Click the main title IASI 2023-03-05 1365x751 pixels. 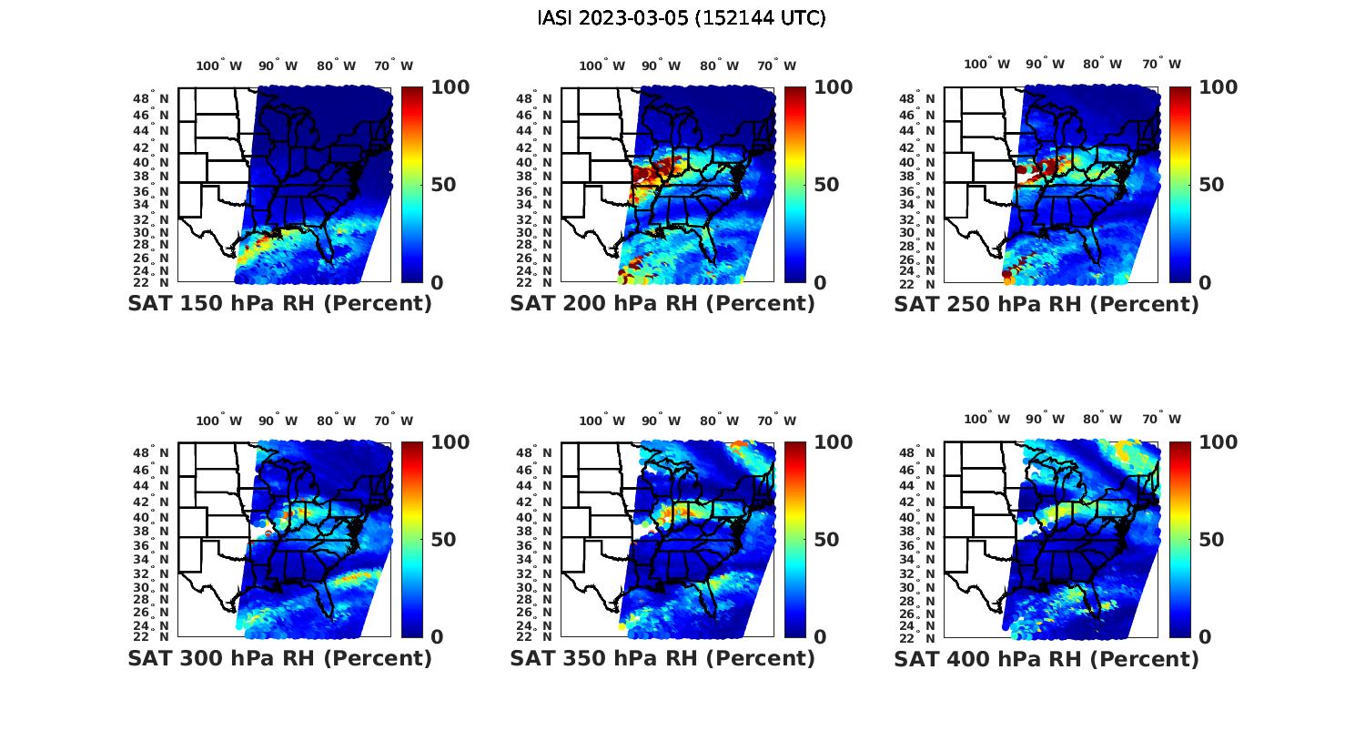tap(682, 18)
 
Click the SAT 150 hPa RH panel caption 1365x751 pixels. tap(279, 304)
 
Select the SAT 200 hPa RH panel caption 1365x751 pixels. tap(662, 304)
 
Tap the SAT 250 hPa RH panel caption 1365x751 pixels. tap(1046, 304)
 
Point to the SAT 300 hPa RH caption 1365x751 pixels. tap(279, 658)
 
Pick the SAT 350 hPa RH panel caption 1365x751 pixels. tap(662, 658)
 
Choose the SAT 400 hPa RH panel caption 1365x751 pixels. tap(1046, 658)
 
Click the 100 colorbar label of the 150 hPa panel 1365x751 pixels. tap(450, 87)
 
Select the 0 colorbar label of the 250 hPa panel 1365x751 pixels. tap(1204, 282)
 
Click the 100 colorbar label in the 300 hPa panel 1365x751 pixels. tap(450, 442)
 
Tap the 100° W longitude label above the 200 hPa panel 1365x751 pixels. tap(602, 66)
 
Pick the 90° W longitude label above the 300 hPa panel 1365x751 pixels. tap(278, 421)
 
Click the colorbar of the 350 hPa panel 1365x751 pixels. tap(795, 539)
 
